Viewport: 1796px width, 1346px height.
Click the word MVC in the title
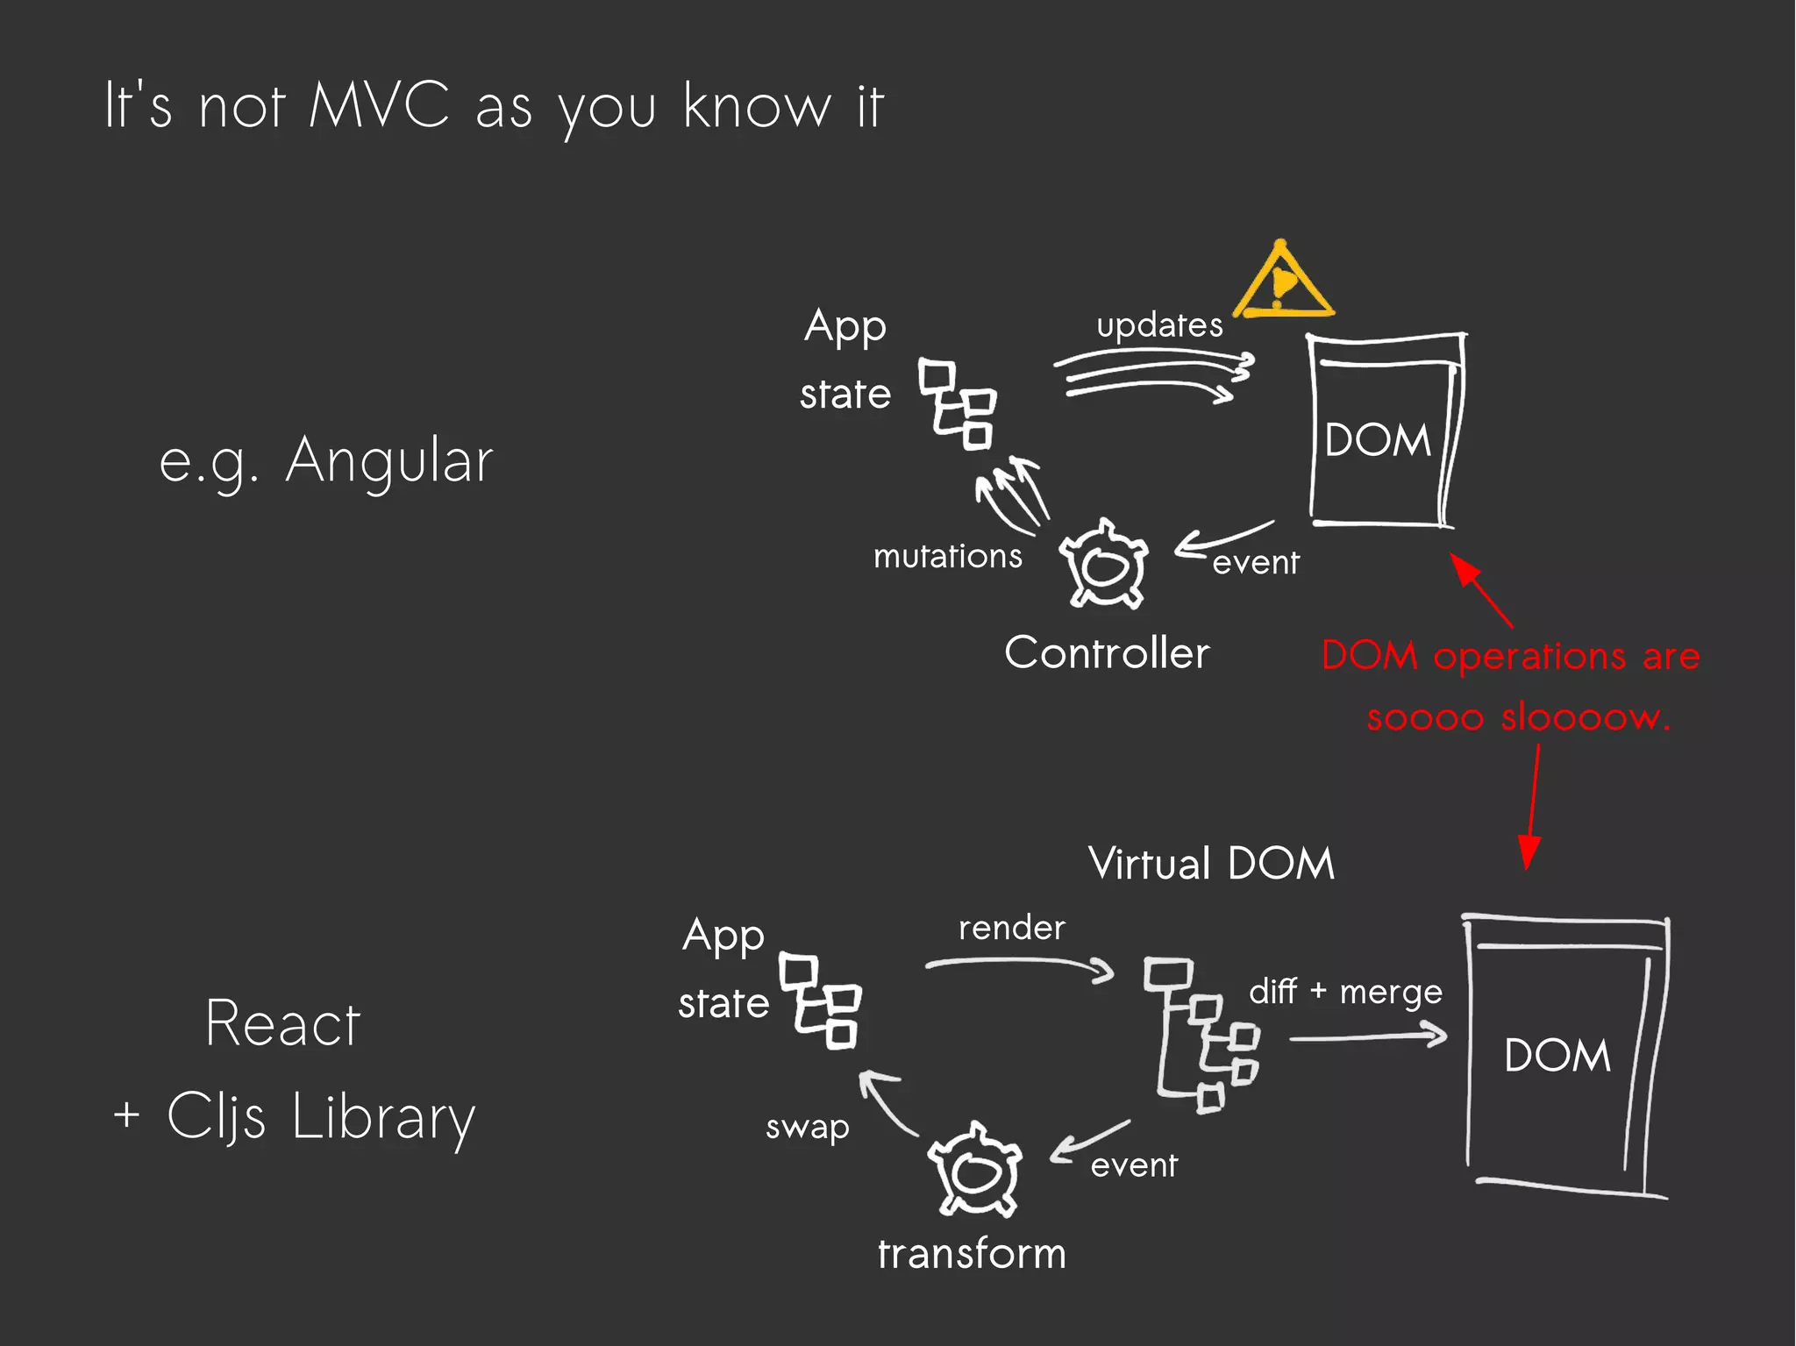[379, 106]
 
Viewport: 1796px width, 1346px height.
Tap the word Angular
[389, 460]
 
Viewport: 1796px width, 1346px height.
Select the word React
[282, 1023]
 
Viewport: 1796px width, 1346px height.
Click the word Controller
[1107, 653]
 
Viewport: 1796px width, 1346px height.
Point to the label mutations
[947, 556]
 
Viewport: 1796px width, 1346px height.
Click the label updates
[1159, 325]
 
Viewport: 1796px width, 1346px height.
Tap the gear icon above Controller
[1103, 565]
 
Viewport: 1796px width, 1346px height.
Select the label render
[1011, 928]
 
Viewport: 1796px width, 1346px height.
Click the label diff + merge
[1345, 992]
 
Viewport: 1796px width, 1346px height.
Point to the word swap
[807, 1127]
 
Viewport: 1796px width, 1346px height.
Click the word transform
[972, 1254]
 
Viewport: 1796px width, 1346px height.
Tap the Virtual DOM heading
[1211, 864]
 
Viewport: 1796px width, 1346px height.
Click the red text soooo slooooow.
[1519, 717]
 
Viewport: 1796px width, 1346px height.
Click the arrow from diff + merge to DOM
[1368, 1036]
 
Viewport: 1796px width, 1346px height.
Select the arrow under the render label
[1020, 965]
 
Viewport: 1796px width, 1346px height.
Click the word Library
[383, 1117]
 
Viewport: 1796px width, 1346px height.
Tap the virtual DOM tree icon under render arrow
[1202, 1035]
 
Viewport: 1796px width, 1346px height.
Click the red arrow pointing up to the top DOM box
[1481, 589]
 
